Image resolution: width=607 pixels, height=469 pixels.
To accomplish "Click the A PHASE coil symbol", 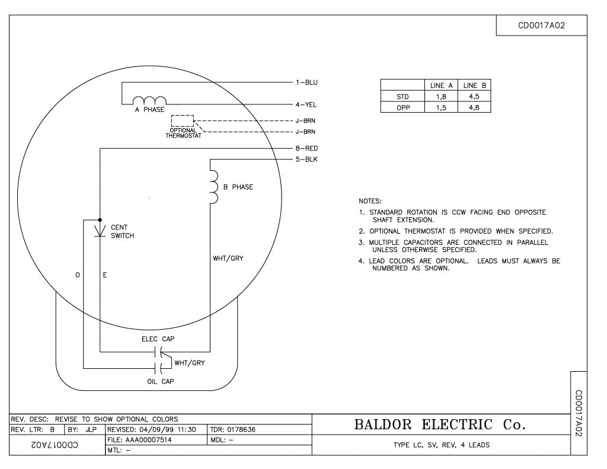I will pos(149,100).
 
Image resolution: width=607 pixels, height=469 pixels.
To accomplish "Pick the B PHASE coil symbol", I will pos(214,187).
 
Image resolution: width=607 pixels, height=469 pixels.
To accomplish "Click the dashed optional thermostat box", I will pos(183,120).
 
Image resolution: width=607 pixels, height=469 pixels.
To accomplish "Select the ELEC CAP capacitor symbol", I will pos(156,350).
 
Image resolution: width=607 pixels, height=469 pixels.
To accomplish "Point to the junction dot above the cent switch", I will pos(100,219).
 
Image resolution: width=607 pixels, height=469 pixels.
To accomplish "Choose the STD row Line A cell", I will pos(441,97).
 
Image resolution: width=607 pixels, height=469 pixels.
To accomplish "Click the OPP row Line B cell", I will pos(474,108).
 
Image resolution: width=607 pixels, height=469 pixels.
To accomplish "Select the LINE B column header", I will pos(474,86).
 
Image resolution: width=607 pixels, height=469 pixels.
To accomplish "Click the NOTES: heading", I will pos(370,202).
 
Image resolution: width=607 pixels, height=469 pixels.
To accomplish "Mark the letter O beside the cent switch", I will pos(78,275).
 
